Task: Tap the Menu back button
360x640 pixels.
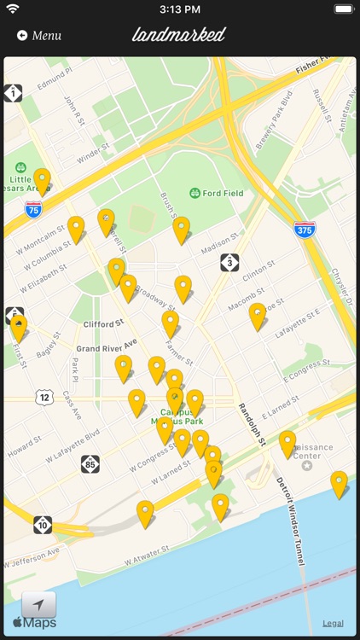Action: coord(39,36)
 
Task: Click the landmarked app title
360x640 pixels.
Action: coord(179,35)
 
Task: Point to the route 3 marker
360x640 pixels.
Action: coord(229,262)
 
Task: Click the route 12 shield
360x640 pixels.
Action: coord(44,397)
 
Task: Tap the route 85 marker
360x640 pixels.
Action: coord(90,463)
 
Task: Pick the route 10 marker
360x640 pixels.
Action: coord(43,524)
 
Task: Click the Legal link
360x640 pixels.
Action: coord(333,623)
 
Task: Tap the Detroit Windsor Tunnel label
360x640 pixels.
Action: coord(289,521)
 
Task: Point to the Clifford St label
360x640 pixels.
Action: coord(104,323)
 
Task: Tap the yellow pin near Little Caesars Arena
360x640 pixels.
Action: coord(42,180)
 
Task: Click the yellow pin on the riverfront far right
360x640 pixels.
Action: coord(339,483)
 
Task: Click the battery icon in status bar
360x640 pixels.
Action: coord(343,9)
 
